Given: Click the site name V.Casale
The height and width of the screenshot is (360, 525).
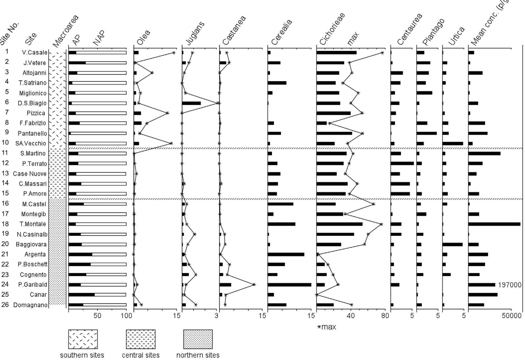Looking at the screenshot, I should pyautogui.click(x=35, y=52).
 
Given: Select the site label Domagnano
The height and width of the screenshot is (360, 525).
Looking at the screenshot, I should pyautogui.click(x=30, y=305).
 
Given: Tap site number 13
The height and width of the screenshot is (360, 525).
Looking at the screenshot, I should pyautogui.click(x=5, y=173).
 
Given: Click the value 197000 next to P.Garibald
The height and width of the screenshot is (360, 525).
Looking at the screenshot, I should pyautogui.click(x=509, y=285).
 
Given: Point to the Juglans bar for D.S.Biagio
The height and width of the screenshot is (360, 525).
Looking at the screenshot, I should pyautogui.click(x=191, y=103).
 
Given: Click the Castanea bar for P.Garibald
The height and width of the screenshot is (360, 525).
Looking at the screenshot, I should pyautogui.click(x=225, y=285).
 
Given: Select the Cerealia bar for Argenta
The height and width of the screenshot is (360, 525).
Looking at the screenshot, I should pyautogui.click(x=286, y=254).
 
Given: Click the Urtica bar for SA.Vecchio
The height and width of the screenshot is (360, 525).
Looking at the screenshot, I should pyautogui.click(x=452, y=143).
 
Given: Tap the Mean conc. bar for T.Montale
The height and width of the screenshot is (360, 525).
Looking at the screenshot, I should pyautogui.click(x=494, y=224).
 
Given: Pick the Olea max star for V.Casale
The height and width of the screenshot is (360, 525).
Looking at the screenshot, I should pyautogui.click(x=174, y=53).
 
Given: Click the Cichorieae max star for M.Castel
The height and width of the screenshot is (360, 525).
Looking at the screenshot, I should pyautogui.click(x=373, y=204).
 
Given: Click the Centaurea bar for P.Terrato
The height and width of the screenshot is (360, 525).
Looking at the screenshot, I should pyautogui.click(x=402, y=163).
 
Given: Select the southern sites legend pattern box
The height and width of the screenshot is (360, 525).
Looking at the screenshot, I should pyautogui.click(x=83, y=339).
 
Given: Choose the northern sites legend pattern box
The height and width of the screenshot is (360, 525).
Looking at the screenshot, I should pyautogui.click(x=198, y=339).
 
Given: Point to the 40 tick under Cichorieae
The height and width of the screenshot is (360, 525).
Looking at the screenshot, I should pyautogui.click(x=351, y=316).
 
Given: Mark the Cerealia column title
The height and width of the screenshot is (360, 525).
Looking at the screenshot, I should pyautogui.click(x=281, y=32).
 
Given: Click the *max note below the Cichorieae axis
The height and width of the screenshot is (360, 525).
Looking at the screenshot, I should pyautogui.click(x=327, y=327).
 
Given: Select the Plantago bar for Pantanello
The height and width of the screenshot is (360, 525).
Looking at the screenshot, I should pyautogui.click(x=426, y=133).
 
